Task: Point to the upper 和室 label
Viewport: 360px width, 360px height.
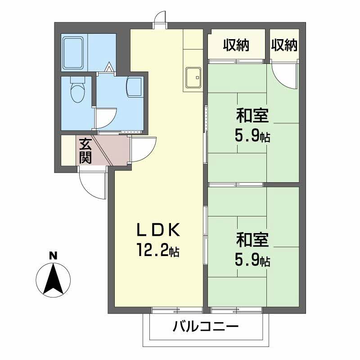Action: (252, 116)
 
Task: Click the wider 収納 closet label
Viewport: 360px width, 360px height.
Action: (236, 45)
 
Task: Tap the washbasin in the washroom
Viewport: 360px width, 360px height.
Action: (134, 86)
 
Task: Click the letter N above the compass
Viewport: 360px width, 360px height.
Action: (53, 255)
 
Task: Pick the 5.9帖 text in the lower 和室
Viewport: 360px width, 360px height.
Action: (252, 261)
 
